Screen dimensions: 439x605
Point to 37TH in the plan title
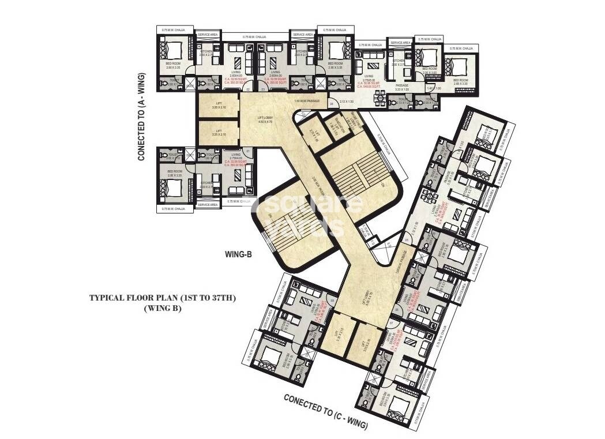point(223,298)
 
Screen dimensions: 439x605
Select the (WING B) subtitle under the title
point(162,309)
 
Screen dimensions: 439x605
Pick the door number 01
point(248,152)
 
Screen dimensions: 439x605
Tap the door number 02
point(248,90)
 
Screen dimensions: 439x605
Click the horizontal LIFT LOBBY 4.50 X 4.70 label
point(265,119)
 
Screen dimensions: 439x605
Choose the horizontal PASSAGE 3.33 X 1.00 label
point(402,87)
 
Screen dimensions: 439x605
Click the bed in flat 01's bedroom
point(175,186)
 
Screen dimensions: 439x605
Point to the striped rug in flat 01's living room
point(235,190)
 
